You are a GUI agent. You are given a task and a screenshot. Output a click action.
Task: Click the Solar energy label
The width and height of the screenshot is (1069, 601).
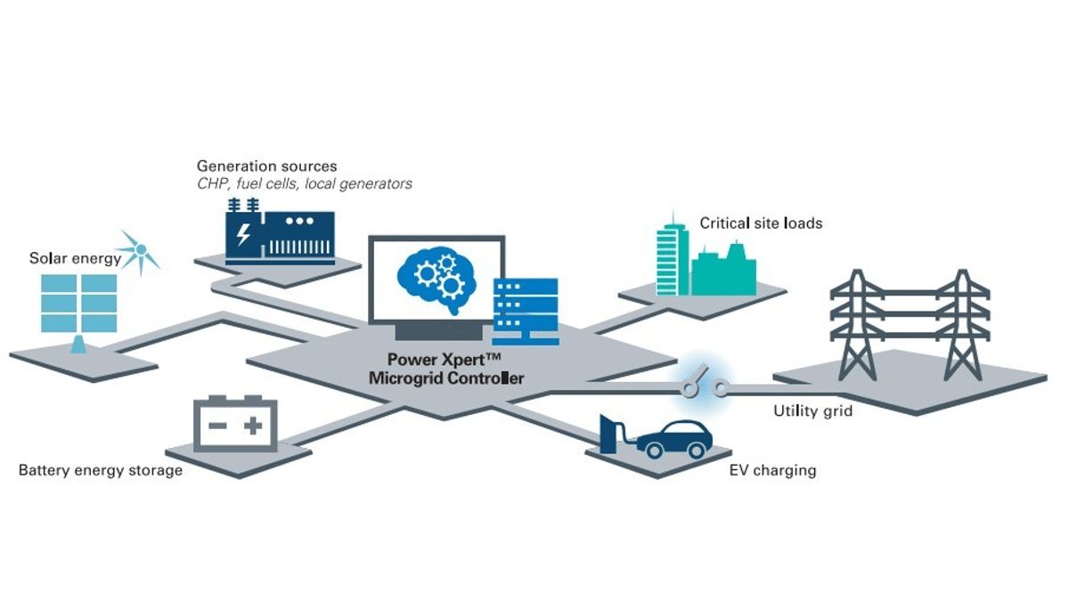coord(75,259)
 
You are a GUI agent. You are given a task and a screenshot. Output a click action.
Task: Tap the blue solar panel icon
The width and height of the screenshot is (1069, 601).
coord(78,304)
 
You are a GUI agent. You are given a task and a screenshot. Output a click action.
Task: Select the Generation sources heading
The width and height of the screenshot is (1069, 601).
coord(266,166)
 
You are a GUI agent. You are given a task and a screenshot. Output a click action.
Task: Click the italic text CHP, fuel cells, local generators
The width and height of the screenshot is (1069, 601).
coord(304,184)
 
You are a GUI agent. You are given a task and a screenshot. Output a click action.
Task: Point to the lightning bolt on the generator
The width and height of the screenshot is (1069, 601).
coord(243,235)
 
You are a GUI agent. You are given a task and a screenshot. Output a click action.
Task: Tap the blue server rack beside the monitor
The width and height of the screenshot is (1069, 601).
coord(526,311)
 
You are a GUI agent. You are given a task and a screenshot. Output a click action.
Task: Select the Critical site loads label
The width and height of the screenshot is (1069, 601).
coord(760,223)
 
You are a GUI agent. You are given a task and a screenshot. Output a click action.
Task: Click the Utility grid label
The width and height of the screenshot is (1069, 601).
coord(812,411)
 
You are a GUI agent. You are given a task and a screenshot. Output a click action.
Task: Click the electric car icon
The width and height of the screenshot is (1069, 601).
coord(676,437)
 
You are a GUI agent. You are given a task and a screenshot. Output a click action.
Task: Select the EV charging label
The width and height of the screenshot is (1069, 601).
coord(771,470)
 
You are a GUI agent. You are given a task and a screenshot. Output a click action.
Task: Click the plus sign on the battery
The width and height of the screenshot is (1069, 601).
coord(253,426)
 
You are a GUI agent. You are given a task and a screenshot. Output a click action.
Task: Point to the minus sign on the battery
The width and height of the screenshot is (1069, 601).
coord(216,426)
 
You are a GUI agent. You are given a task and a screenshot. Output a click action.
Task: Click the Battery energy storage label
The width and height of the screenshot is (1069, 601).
coord(101,470)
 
